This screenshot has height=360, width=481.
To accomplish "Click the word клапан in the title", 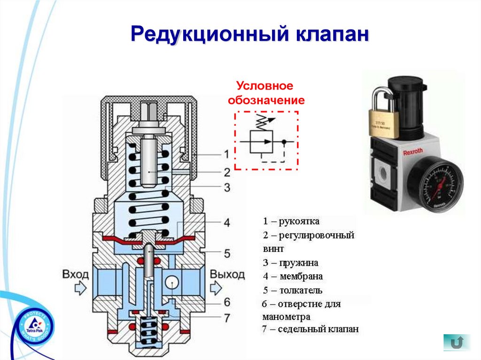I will (325, 35).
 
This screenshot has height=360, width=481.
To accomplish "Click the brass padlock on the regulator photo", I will (384, 120).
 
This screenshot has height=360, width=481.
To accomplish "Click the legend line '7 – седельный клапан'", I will (310, 329).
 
